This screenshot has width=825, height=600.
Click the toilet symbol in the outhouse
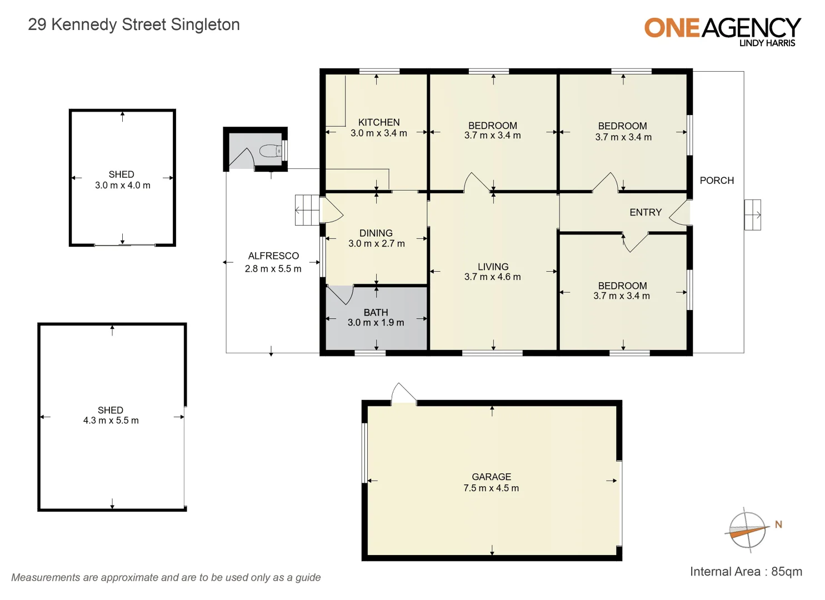pyautogui.click(x=271, y=151)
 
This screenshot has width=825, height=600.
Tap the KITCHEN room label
pyautogui.click(x=379, y=122)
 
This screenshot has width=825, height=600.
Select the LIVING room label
pyautogui.click(x=493, y=267)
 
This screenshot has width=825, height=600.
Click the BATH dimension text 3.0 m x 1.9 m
pyautogui.click(x=376, y=323)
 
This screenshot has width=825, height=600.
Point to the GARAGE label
pyautogui.click(x=491, y=477)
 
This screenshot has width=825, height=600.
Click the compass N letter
pyautogui.click(x=778, y=524)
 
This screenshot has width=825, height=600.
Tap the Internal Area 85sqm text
pyautogui.click(x=746, y=572)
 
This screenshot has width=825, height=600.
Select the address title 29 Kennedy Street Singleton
pyautogui.click(x=134, y=24)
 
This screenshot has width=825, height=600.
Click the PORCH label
pyautogui.click(x=717, y=181)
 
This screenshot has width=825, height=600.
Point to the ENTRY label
pyautogui.click(x=646, y=212)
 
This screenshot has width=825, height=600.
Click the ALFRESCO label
pyautogui.click(x=273, y=256)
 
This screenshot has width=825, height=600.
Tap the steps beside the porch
pyautogui.click(x=752, y=214)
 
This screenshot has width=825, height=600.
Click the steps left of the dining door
pyautogui.click(x=307, y=210)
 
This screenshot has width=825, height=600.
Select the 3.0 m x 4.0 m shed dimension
pyautogui.click(x=122, y=186)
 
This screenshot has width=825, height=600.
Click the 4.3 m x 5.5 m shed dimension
pyautogui.click(x=111, y=421)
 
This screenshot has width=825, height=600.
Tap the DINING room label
pyautogui.click(x=376, y=233)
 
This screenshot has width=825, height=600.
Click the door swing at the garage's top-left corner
pyautogui.click(x=403, y=393)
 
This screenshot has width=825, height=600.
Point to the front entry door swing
pyautogui.click(x=680, y=214)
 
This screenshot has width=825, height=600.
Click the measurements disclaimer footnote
pyautogui.click(x=166, y=577)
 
